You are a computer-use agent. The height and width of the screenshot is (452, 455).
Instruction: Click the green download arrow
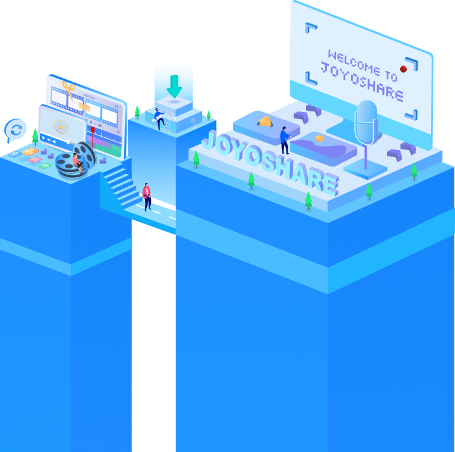coord(174,85)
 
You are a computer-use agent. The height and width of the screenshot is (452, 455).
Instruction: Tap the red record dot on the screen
coord(403,68)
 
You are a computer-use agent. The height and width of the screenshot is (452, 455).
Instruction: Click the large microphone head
coord(366,121)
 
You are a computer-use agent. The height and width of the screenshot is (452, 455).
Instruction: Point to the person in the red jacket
coord(147,196)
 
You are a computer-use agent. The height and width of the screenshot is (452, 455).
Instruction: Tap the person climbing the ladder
coord(160,118)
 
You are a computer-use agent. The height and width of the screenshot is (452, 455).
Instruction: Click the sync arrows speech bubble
coord(15,130)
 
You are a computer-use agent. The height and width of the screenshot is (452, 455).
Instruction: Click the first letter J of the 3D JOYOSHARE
coord(208,142)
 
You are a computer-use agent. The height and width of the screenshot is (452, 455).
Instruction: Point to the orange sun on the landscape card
coord(320,138)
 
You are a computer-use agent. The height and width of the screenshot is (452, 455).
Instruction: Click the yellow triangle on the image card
coord(265,122)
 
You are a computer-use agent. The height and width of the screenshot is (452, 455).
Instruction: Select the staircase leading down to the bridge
coord(119,184)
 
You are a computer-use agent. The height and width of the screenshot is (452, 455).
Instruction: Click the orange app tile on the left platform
coord(29,152)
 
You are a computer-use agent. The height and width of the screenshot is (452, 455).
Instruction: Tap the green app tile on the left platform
coord(45,165)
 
